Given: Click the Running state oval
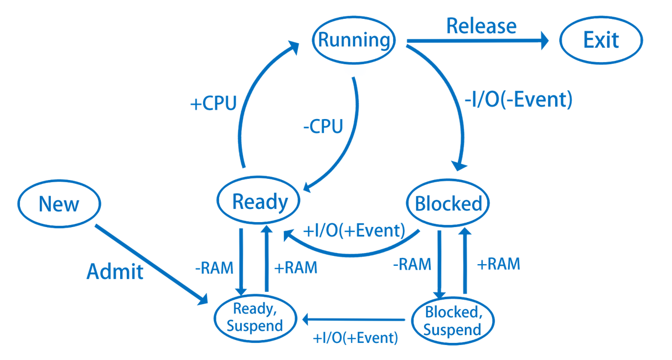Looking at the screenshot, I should tap(354, 40).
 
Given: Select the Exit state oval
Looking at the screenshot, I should tap(601, 40).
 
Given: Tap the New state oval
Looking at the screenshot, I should tap(59, 204).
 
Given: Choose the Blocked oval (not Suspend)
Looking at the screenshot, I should tap(448, 204).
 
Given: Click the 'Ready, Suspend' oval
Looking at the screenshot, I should tap(255, 317).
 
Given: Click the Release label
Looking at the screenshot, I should tap(481, 25).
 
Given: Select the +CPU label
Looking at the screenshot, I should tap(213, 104).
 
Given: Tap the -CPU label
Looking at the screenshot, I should tap(323, 126).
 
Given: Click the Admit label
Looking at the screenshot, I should tap(115, 271).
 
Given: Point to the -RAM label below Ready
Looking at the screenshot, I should tap(214, 268).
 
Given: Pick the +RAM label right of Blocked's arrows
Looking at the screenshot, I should tap(499, 264).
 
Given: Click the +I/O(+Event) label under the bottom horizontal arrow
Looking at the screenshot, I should tap(355, 337).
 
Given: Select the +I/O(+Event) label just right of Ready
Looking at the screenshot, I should tap(355, 229).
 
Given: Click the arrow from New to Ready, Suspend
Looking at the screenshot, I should tap(149, 264).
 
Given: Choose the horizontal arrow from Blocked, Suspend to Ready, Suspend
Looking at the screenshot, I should tap(354, 320).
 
